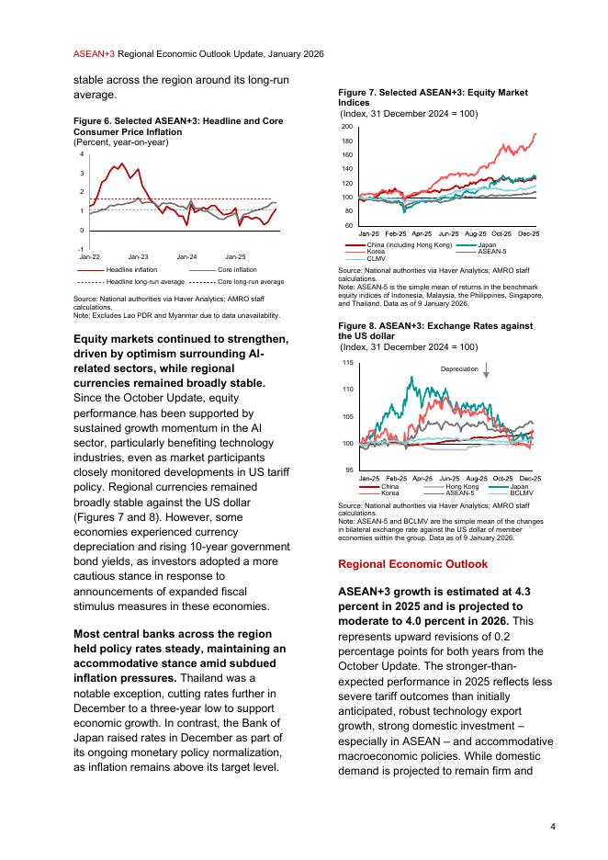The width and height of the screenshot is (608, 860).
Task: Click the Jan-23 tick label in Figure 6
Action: coord(138,255)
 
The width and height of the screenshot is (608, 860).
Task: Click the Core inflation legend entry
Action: coord(237,269)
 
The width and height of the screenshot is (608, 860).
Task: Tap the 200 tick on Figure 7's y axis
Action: coord(347,126)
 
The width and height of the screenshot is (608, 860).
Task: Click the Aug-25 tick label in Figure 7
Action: coord(476,234)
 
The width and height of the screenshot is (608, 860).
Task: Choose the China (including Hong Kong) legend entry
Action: coord(409,245)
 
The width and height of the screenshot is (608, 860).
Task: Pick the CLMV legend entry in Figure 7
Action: coord(376,258)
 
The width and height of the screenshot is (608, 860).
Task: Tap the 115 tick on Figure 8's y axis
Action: coord(347,363)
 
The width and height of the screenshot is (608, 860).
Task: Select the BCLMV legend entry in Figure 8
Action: coord(522,493)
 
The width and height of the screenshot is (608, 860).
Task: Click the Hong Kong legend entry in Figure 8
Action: coord(462,486)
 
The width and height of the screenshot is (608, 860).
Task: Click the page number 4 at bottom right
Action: coord(552,826)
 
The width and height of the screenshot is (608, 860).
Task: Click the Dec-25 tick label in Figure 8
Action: coord(529,479)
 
